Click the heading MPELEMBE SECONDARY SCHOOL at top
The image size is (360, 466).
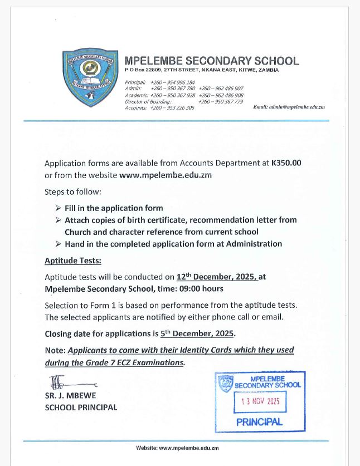tap(212, 61)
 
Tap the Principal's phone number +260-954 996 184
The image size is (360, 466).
tap(172, 82)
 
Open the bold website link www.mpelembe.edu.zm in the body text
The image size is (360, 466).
tap(166, 175)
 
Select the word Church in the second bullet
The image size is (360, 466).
tap(78, 232)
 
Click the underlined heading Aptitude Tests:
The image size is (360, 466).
tap(73, 261)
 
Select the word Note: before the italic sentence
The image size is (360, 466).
tap(55, 350)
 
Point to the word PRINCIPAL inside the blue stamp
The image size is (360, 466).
tap(259, 421)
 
